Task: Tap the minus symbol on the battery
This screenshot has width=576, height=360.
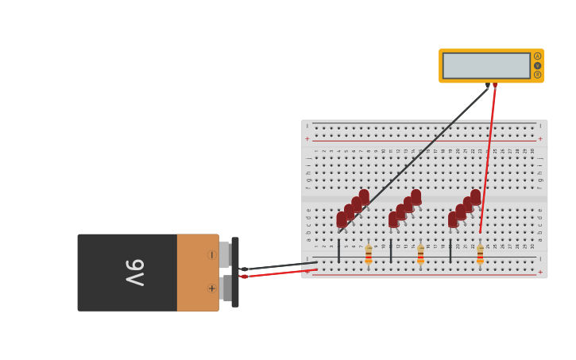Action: click(x=211, y=255)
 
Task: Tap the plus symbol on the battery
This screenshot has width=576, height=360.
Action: click(x=211, y=288)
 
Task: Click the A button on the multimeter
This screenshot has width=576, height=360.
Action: click(x=537, y=56)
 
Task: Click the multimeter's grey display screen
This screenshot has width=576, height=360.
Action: click(x=486, y=66)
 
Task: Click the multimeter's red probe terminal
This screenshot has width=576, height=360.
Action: click(x=495, y=84)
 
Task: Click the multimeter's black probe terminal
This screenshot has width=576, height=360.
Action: click(x=487, y=84)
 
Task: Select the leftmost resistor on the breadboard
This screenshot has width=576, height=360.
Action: click(x=369, y=255)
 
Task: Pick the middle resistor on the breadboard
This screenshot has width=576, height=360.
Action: click(x=420, y=255)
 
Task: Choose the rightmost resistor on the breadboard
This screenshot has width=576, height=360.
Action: click(x=480, y=255)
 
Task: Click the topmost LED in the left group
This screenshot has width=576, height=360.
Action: click(x=364, y=196)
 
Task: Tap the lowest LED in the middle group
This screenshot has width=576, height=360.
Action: click(x=393, y=219)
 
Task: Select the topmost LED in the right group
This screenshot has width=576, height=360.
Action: click(x=475, y=196)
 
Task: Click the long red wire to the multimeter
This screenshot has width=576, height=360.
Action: click(x=488, y=159)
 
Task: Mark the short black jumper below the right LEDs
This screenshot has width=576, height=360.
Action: click(x=450, y=250)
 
